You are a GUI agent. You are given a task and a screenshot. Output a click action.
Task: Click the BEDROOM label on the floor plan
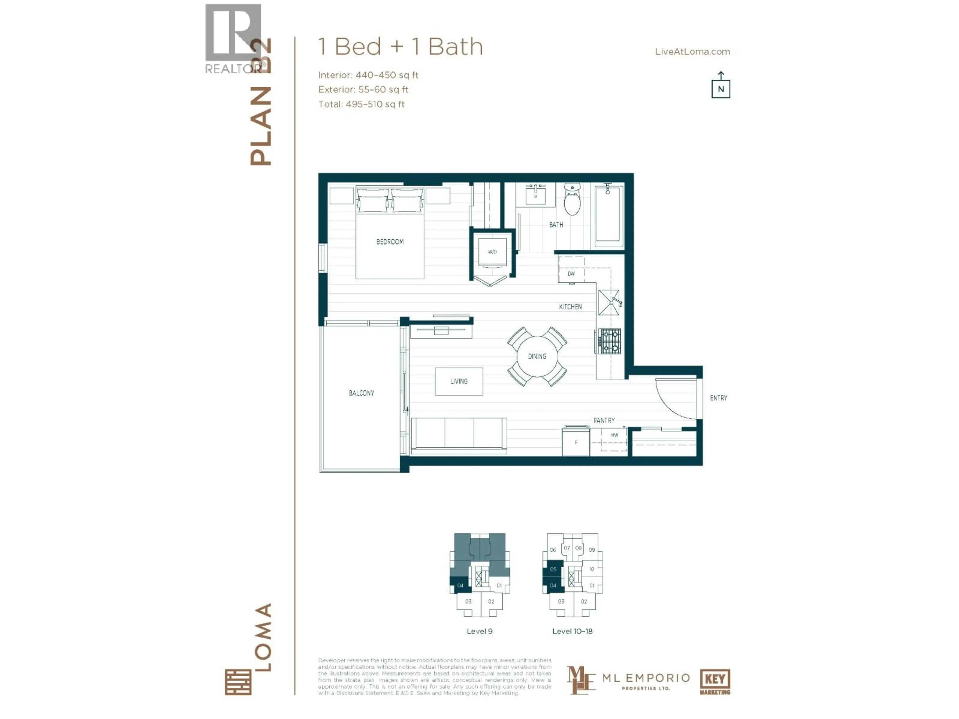390,242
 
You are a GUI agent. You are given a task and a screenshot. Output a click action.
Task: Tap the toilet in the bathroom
572,201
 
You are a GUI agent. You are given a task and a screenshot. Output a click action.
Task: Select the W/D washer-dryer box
492,252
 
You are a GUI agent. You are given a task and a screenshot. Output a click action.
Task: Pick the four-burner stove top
610,341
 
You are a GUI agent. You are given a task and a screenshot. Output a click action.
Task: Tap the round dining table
537,356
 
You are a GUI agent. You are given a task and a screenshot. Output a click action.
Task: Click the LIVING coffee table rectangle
459,381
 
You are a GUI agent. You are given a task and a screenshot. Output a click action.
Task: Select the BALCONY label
361,393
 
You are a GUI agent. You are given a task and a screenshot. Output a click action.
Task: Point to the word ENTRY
719,398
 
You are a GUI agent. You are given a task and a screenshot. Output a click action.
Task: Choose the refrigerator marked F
576,442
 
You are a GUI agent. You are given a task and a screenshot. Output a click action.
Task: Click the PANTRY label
604,420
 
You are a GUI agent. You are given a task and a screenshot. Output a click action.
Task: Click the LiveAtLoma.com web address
692,52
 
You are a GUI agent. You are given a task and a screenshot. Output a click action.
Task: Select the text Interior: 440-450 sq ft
368,75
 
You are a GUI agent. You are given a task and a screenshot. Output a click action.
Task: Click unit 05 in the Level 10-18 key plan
553,569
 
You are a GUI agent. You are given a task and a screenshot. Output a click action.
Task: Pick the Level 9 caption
479,631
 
